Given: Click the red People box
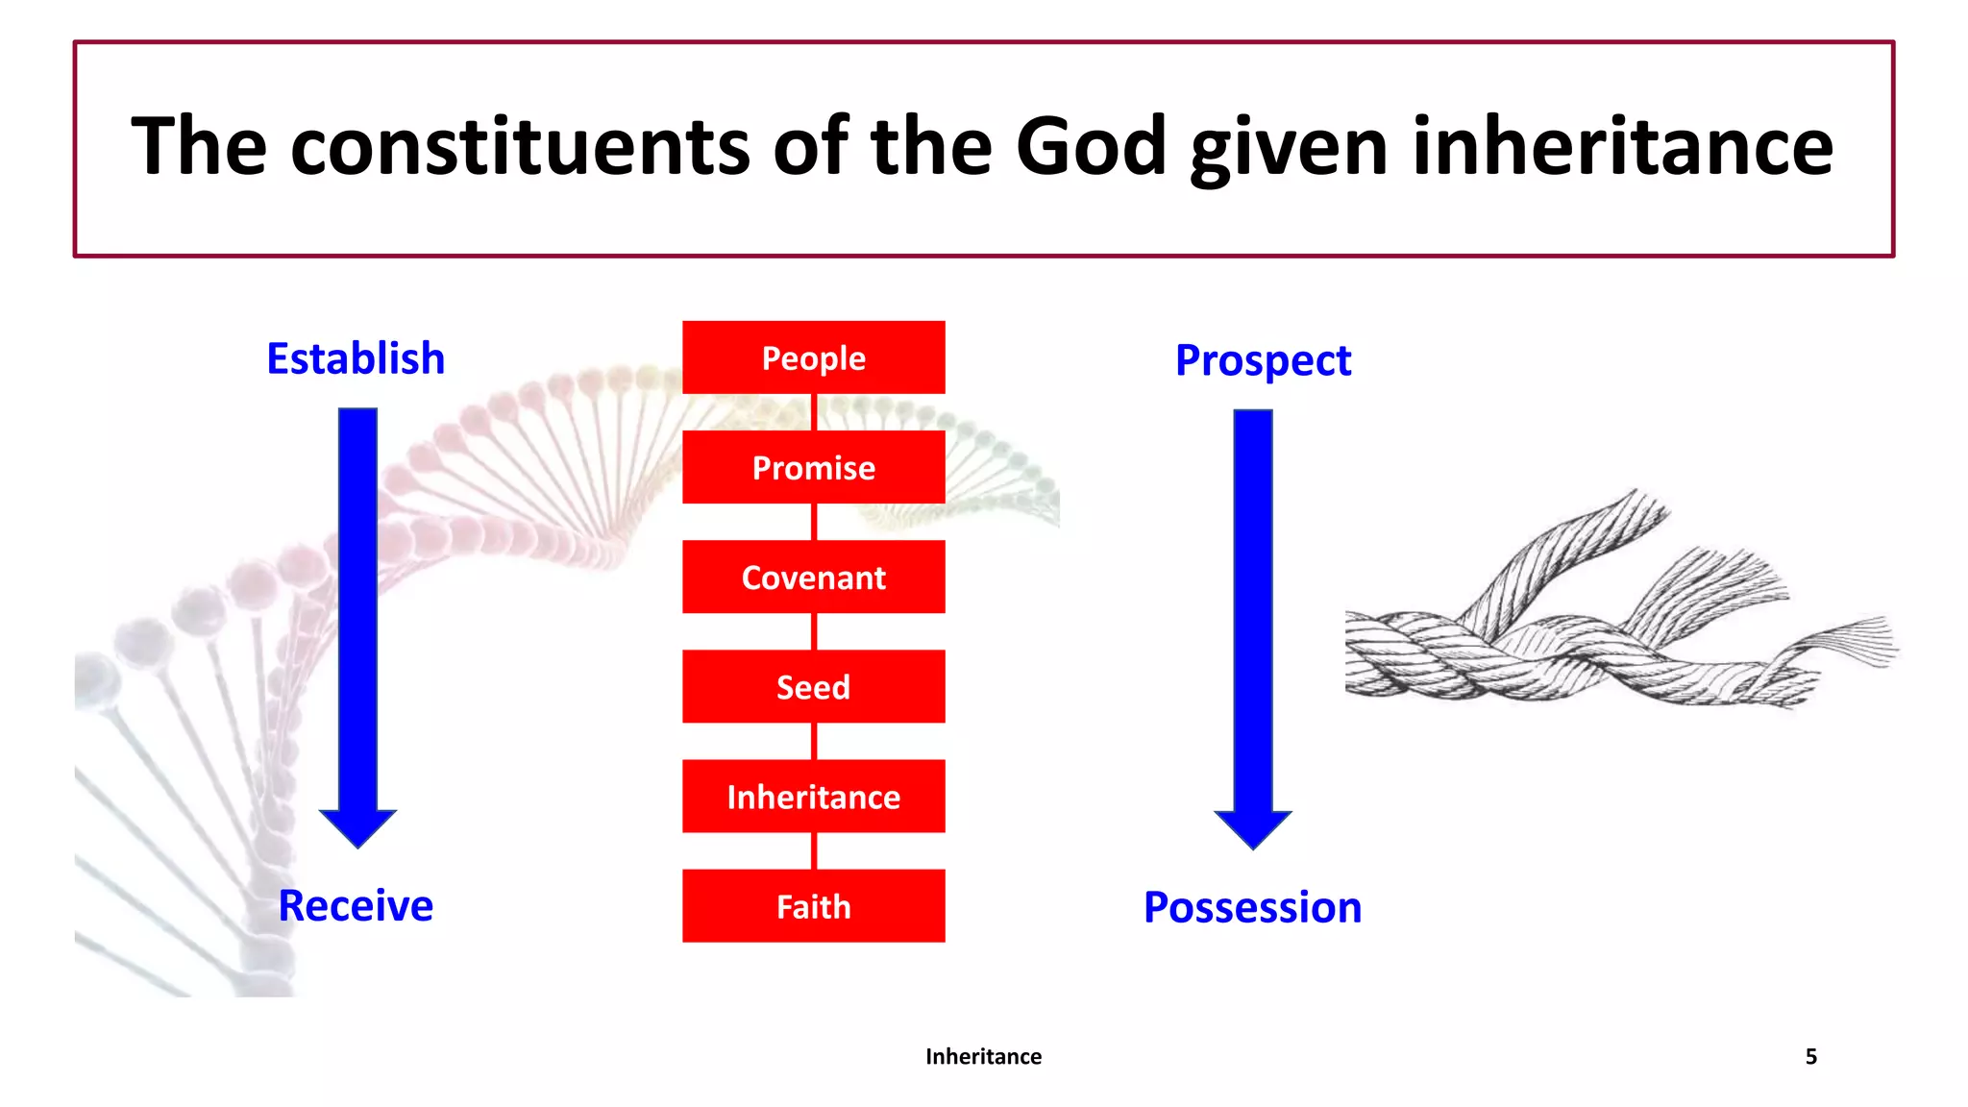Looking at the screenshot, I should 813,357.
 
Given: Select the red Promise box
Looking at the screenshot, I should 813,467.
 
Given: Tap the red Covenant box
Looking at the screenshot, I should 813,577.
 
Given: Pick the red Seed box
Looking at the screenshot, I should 813,686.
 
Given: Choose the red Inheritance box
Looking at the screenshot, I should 813,796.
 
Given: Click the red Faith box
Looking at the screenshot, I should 813,906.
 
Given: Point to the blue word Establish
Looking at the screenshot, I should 356,358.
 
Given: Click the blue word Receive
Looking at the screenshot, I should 356,905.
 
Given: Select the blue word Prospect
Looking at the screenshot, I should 1263,360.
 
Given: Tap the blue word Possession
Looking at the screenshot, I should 1252,907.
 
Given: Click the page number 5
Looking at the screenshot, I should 1810,1056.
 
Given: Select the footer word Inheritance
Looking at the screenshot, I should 983,1056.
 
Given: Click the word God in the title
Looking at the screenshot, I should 1091,146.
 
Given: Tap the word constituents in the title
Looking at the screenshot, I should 520,146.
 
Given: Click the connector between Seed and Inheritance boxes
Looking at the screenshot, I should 814,741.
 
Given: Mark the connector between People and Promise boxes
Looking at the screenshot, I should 814,412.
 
